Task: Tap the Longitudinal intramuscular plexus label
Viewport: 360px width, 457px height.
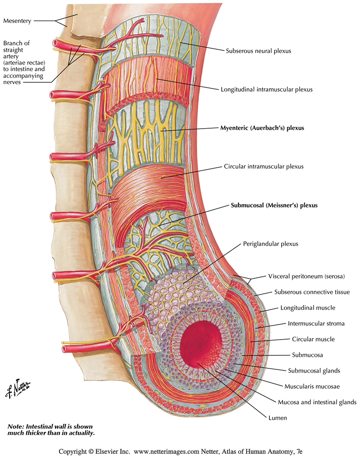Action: (x=266, y=90)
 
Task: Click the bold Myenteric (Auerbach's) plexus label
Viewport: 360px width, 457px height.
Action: (x=262, y=128)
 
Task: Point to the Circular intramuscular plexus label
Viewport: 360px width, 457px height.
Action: (x=264, y=166)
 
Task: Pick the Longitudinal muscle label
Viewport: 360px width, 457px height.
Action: (x=307, y=308)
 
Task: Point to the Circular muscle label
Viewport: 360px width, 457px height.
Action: (x=313, y=339)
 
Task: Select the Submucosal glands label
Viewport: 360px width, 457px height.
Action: (x=314, y=371)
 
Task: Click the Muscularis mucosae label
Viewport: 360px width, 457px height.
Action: (x=312, y=386)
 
